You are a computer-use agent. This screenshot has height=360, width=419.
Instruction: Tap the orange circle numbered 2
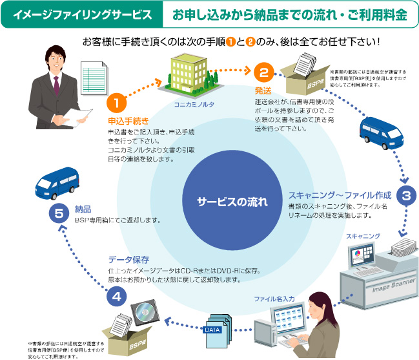(263, 71)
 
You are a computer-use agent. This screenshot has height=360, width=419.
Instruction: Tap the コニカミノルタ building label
(194, 103)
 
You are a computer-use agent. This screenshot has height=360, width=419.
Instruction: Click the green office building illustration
(192, 74)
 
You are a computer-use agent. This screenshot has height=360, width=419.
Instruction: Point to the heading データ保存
(129, 259)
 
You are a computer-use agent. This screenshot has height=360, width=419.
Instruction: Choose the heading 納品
(83, 209)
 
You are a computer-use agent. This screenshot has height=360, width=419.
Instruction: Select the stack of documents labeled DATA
(216, 327)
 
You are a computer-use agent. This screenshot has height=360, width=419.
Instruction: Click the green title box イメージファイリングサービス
(83, 14)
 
